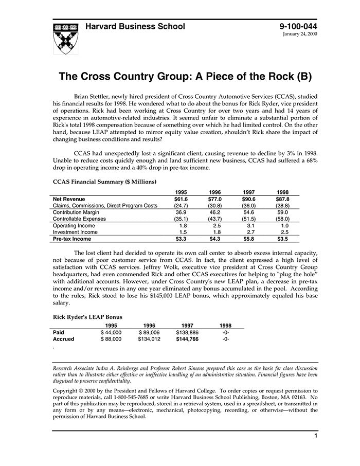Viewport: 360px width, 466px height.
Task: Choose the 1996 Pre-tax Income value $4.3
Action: point(215,239)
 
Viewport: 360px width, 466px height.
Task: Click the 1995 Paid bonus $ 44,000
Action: point(111,332)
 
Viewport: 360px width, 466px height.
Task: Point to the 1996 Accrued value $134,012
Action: point(149,339)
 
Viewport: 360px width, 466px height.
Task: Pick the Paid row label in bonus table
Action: point(59,332)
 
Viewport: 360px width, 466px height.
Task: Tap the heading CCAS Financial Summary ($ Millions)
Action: point(105,182)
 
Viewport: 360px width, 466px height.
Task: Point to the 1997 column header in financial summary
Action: point(249,192)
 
